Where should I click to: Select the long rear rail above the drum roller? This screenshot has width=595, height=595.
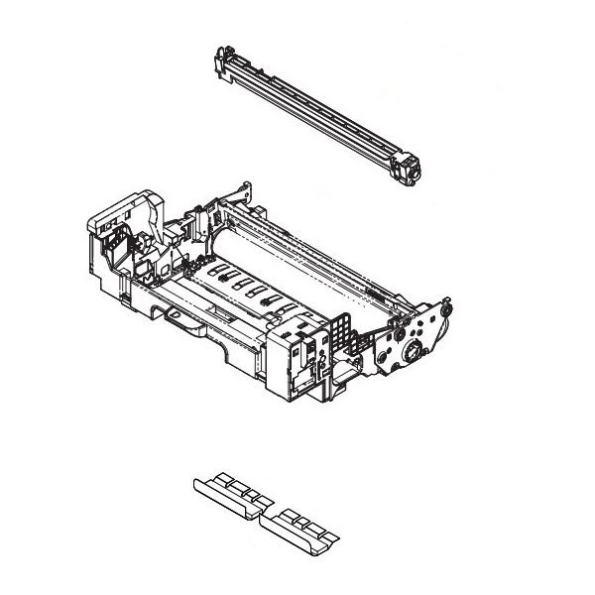[327, 238]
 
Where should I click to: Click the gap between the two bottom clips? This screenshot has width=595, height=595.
[264, 511]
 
